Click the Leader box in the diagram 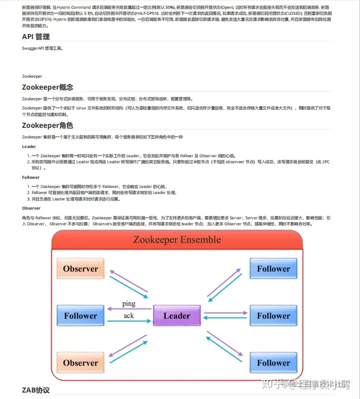pyautogui.click(x=176, y=315)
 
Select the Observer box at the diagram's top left pyautogui.click(x=80, y=268)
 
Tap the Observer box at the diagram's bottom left pyautogui.click(x=80, y=363)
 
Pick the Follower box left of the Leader pyautogui.click(x=80, y=315)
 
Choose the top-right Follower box pyautogui.click(x=273, y=268)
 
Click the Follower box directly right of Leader pyautogui.click(x=273, y=315)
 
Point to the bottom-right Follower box pyautogui.click(x=273, y=363)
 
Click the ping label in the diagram pyautogui.click(x=128, y=303)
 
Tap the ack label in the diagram pyautogui.click(x=128, y=316)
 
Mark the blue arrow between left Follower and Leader pyautogui.click(x=128, y=321)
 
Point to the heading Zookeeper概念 pyautogui.click(x=47, y=87)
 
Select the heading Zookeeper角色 pyautogui.click(x=47, y=125)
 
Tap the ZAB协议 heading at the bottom pyautogui.click(x=36, y=389)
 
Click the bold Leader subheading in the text pyautogui.click(x=29, y=146)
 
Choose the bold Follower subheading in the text pyautogui.click(x=31, y=177)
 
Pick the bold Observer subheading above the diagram pyautogui.click(x=31, y=207)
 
